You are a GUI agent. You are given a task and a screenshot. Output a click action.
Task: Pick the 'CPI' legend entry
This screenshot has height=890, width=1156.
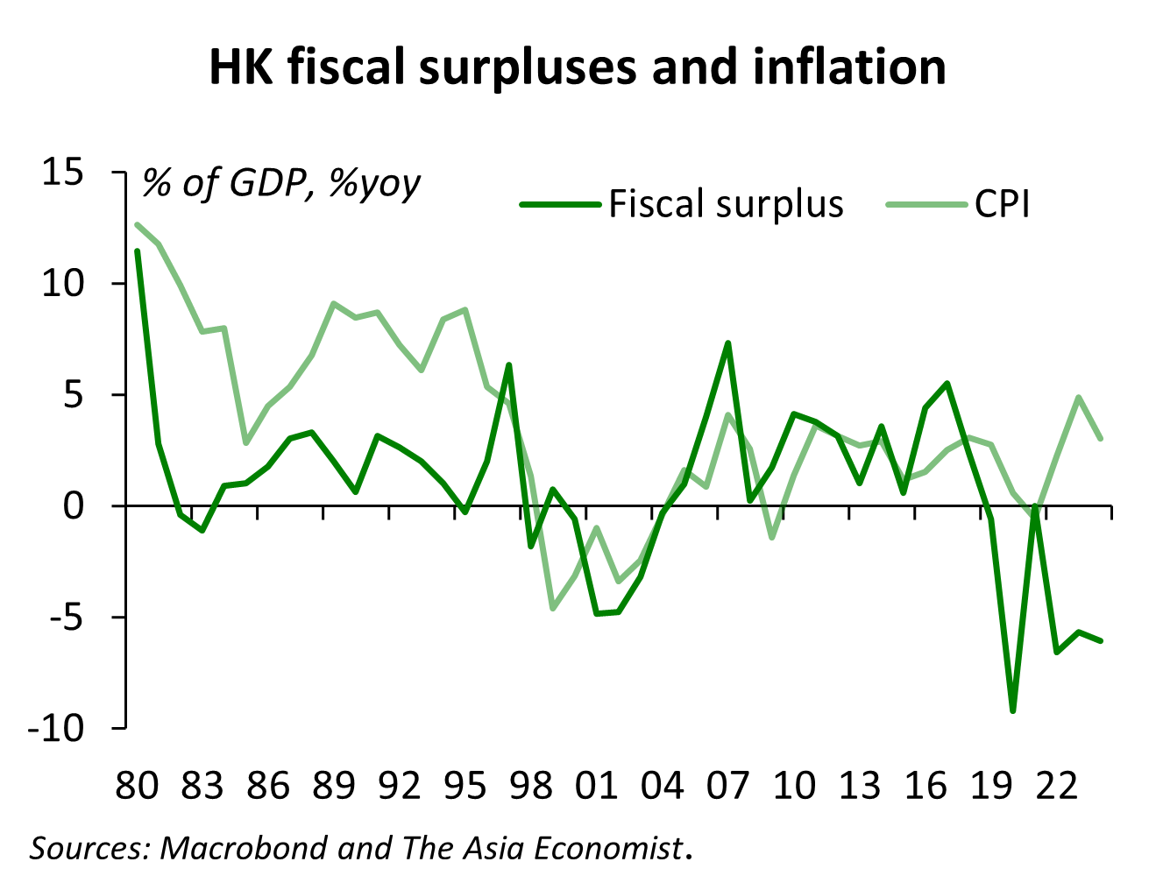pyautogui.click(x=1002, y=205)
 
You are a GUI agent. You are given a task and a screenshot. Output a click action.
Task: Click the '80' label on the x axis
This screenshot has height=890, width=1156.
pyautogui.click(x=138, y=786)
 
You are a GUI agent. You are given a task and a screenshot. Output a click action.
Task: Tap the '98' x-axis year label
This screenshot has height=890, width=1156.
pyautogui.click(x=531, y=786)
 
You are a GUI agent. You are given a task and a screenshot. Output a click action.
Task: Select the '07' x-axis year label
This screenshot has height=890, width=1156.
pyautogui.click(x=728, y=786)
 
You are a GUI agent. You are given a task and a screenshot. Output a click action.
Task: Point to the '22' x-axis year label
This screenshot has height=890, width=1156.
pyautogui.click(x=1056, y=786)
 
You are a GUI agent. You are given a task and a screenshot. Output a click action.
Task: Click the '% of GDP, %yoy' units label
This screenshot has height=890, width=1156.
pyautogui.click(x=281, y=183)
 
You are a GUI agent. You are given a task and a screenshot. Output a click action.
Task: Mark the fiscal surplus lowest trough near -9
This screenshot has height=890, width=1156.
pyautogui.click(x=1013, y=710)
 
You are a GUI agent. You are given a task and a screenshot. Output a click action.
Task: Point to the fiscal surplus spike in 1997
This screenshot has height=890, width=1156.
pyautogui.click(x=509, y=364)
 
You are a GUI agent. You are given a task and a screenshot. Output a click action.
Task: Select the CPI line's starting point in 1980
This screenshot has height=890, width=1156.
pyautogui.click(x=138, y=224)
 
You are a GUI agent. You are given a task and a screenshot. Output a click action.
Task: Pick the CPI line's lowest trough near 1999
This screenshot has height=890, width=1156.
pyautogui.click(x=553, y=608)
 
